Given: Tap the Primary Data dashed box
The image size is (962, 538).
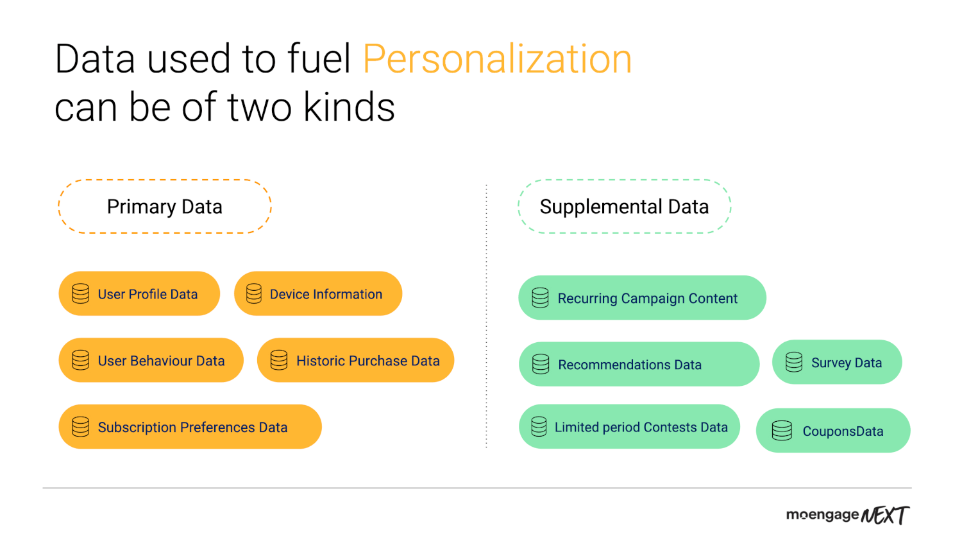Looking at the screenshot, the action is (x=165, y=180).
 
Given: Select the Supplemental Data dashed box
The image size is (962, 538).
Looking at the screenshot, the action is (x=625, y=180).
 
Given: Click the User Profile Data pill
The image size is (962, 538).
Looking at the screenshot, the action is (x=139, y=294).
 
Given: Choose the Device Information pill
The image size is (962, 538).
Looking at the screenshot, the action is (x=318, y=294).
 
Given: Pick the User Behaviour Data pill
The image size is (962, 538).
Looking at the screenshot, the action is (x=151, y=360).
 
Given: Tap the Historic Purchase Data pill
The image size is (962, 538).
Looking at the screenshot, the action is (x=355, y=360).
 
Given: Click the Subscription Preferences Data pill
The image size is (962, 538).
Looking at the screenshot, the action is (x=190, y=427).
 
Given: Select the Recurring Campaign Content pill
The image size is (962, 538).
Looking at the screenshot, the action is (x=642, y=298).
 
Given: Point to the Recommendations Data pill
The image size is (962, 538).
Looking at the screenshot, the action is (x=639, y=364).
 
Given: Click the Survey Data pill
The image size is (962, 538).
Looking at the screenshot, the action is (x=837, y=362).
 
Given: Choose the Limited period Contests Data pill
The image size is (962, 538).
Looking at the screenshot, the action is (x=629, y=427).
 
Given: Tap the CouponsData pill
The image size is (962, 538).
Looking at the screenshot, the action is (x=833, y=431).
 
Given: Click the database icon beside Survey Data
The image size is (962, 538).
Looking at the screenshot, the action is (x=794, y=362).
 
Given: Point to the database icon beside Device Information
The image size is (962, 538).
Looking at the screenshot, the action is (x=254, y=294).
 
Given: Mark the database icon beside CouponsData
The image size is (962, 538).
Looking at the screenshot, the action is (x=782, y=431).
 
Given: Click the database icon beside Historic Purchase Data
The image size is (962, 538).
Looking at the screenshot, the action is (x=279, y=360).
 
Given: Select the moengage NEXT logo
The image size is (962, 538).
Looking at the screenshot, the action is (x=848, y=515).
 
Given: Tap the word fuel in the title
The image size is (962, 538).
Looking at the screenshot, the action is (x=319, y=59).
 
